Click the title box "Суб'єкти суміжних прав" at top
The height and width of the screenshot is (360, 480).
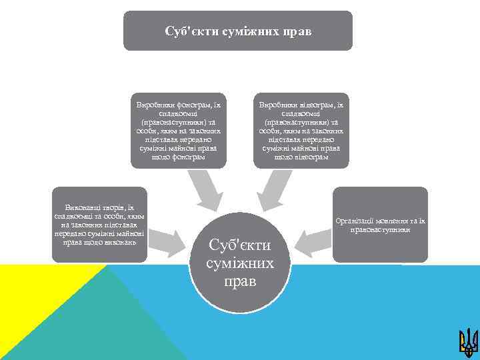tap(237, 31)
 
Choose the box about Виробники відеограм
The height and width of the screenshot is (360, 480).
tap(304, 130)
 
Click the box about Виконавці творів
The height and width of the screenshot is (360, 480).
tap(99, 224)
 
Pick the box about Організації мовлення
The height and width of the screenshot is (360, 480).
tap(381, 224)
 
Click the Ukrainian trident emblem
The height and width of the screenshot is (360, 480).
tap(468, 341)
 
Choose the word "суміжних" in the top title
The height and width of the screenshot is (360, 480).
tap(252, 31)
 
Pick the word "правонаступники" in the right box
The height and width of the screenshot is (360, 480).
tap(381, 229)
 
